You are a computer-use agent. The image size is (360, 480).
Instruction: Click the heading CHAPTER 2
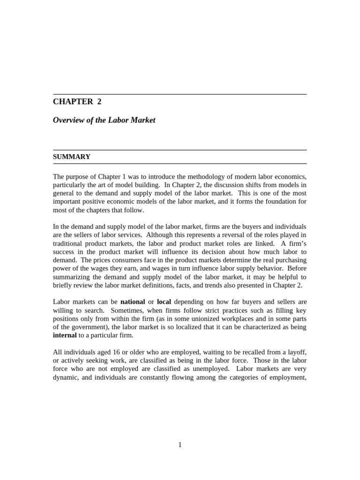pyautogui.click(x=77, y=102)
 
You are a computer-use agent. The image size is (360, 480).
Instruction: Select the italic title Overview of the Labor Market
pyautogui.click(x=104, y=120)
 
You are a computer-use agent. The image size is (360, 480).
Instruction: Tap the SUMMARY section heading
pyautogui.click(x=71, y=157)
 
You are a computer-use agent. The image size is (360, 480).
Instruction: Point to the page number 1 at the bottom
pyautogui.click(x=180, y=445)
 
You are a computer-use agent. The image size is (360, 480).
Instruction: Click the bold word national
pyautogui.click(x=133, y=301)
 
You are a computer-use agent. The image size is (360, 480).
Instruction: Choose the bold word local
pyautogui.click(x=164, y=301)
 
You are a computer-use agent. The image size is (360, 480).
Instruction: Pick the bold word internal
pyautogui.click(x=65, y=335)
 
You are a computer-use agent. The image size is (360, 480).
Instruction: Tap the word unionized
pyautogui.click(x=234, y=318)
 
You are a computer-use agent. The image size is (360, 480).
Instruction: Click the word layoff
pyautogui.click(x=296, y=352)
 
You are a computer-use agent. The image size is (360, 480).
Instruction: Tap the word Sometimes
pyautogui.click(x=103, y=310)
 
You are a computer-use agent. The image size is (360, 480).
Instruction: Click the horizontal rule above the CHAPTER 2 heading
pyautogui.click(x=180, y=94)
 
